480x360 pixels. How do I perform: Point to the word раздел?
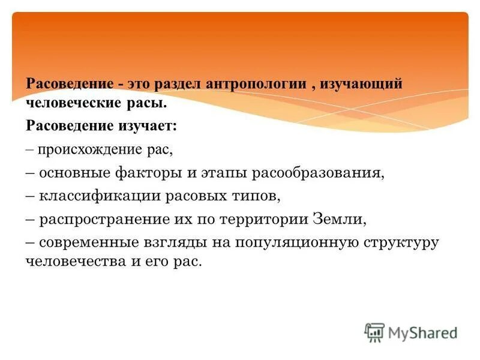[x=178, y=83]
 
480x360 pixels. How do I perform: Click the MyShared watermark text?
[x=423, y=332]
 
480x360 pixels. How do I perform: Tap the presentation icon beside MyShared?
[x=374, y=332]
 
